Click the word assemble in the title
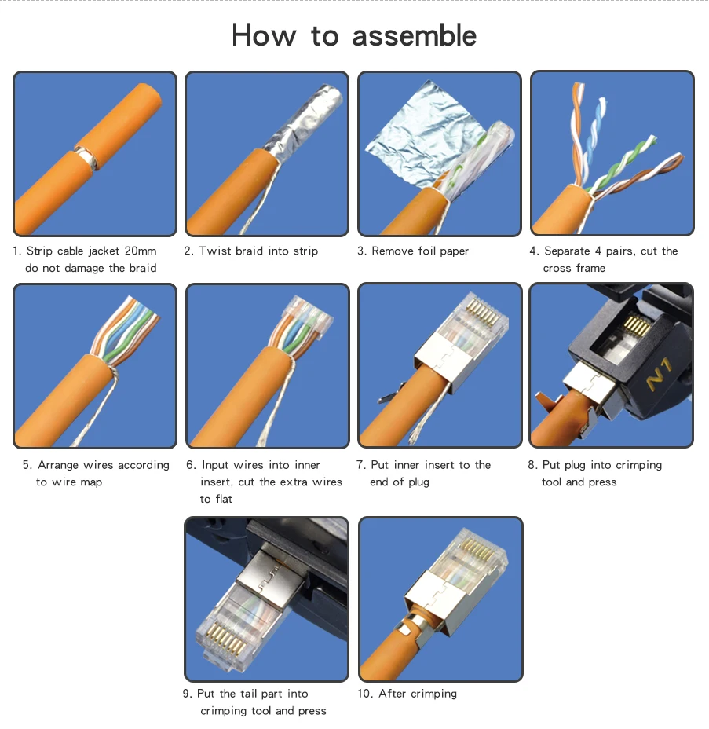414,36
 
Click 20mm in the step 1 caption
141,251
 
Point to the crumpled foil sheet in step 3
418,135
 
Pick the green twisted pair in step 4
623,163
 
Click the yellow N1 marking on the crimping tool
660,374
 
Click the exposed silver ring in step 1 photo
88,157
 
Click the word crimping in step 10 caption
433,694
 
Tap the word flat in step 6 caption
224,499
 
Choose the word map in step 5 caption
90,482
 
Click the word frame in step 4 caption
590,268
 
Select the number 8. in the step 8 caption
532,465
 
